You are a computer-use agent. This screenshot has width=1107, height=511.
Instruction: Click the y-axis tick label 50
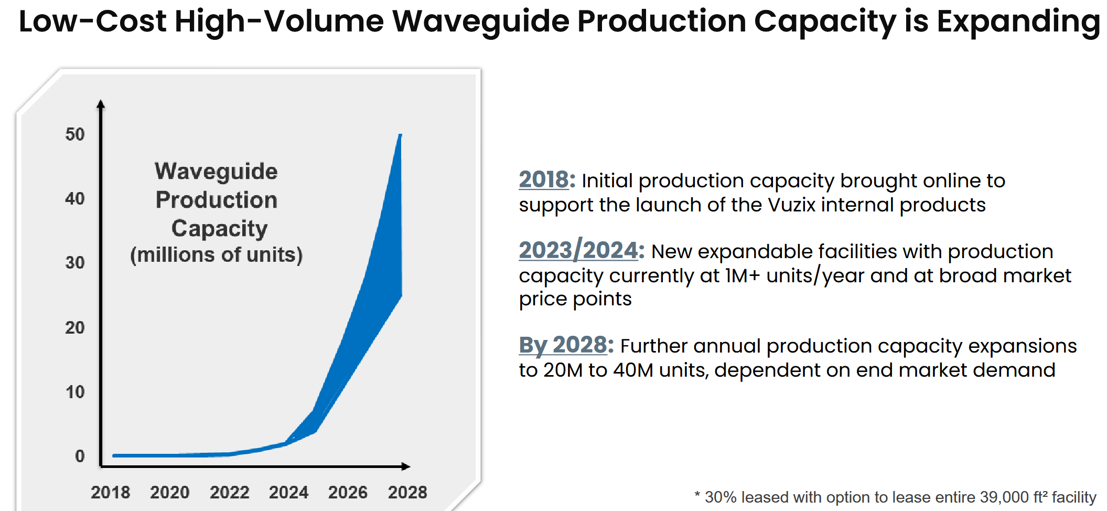[74, 134]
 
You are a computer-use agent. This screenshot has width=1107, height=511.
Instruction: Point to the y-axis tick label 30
[74, 262]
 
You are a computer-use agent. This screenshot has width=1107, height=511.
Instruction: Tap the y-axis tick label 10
[74, 392]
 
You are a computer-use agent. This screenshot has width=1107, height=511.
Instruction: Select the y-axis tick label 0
[80, 456]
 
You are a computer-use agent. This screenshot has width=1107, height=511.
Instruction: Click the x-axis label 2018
[110, 492]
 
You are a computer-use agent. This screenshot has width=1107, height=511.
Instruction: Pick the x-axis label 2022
[229, 492]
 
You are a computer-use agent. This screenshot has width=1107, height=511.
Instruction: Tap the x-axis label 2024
[288, 492]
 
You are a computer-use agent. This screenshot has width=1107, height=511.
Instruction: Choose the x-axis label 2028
[407, 492]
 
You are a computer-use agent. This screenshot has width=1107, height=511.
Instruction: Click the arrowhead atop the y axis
[101, 104]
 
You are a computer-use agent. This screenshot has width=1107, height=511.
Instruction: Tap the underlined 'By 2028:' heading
[566, 345]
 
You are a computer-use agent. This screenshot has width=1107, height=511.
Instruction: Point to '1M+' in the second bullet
[743, 275]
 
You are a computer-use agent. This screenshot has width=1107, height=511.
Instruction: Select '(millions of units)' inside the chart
[216, 255]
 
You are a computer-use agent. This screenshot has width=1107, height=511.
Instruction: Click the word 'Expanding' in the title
[1018, 22]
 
